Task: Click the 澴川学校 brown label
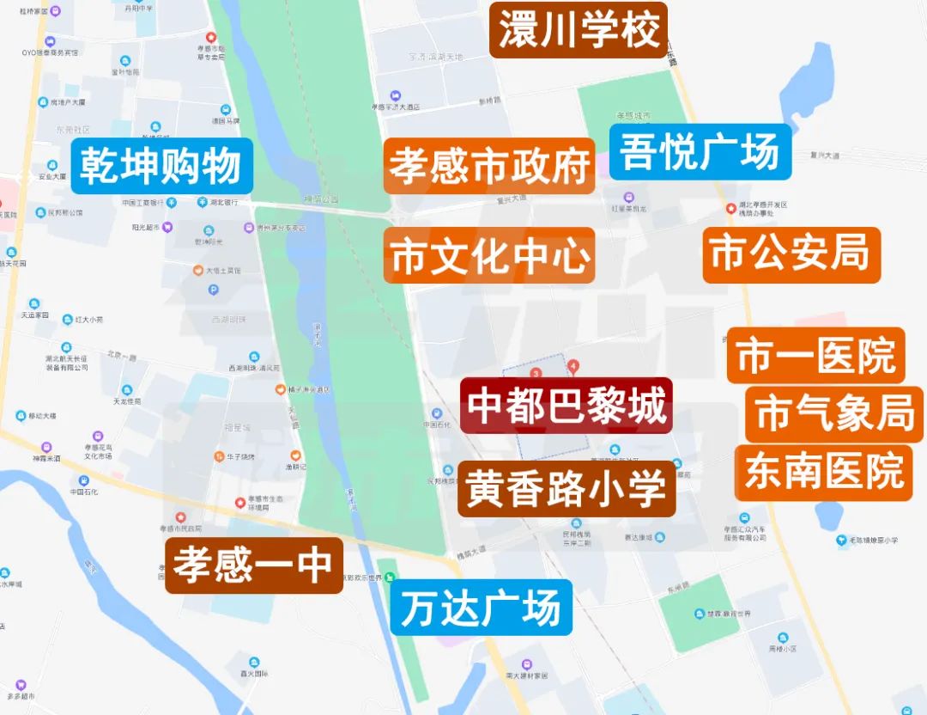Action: pos(579,31)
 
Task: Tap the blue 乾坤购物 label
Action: pos(162,166)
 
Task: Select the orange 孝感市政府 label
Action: pos(489,166)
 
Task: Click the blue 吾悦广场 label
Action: pos(700,151)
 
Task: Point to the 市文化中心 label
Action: pos(489,256)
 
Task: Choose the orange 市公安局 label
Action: pos(791,255)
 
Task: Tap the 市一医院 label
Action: pos(815,356)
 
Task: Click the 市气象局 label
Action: pos(835,414)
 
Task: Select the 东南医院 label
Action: pos(824,472)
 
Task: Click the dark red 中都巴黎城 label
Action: pos(566,406)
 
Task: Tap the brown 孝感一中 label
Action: pos(253,565)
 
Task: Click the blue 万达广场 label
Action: pos(481,608)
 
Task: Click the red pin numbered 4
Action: pos(573,366)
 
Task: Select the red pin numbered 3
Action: pos(536,374)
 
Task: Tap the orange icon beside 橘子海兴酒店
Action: pos(280,390)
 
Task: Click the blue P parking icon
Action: pos(189,290)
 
